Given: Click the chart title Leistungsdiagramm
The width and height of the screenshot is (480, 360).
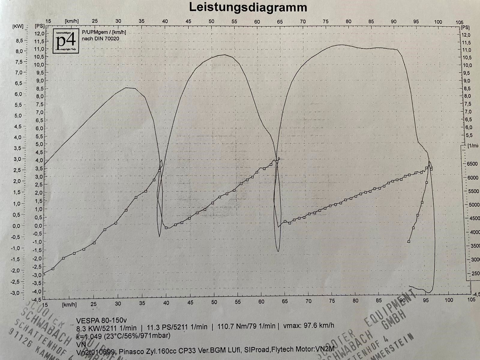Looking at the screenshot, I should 248,7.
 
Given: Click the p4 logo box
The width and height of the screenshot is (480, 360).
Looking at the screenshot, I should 66,41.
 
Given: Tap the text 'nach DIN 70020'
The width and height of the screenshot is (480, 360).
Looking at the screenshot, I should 100,38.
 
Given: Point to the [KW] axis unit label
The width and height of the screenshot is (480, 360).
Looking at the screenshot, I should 18,26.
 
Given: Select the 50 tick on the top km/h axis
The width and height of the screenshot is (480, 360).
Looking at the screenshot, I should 211,21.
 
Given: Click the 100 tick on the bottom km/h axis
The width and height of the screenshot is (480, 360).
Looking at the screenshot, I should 449,300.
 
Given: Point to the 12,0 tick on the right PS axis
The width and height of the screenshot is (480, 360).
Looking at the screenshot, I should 466,35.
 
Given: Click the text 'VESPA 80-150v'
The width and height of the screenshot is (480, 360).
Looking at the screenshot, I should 101,320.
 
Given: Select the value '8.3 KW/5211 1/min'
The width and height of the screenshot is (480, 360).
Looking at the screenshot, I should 106,328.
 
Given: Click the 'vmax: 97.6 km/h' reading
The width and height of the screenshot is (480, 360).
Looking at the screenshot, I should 308,325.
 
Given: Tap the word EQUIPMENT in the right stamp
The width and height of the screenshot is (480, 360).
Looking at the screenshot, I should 390,309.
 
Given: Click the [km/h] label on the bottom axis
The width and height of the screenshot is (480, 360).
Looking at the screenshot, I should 69,305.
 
